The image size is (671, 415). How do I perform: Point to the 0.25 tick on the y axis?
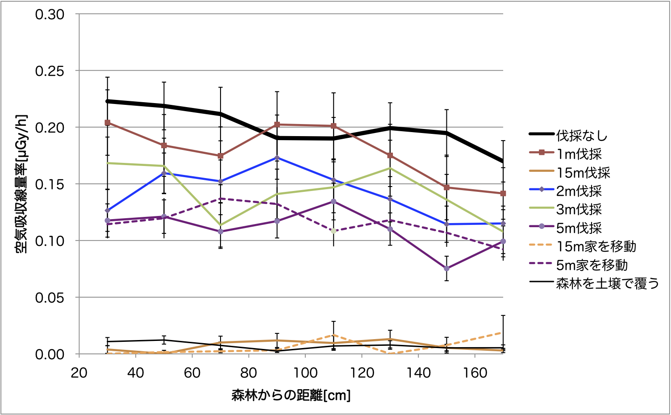(x=50, y=71)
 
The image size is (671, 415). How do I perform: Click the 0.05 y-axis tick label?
(x=50, y=298)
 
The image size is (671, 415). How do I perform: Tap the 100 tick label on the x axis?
(x=305, y=373)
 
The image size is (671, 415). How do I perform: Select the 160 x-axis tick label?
(x=475, y=373)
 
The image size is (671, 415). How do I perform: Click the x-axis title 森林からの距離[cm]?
(x=291, y=395)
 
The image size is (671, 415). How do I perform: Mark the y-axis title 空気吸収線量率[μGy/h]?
(x=22, y=184)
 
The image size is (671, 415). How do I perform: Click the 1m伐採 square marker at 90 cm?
(x=277, y=124)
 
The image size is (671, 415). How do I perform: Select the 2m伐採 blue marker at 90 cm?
(x=277, y=158)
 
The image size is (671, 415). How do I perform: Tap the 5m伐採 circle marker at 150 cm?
(x=446, y=269)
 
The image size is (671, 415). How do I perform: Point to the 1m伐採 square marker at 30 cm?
(x=108, y=122)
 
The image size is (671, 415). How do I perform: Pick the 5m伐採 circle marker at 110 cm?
(x=333, y=201)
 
